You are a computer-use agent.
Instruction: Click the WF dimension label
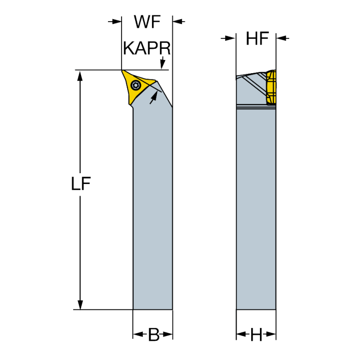tap(147, 22)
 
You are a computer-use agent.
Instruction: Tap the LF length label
tap(81, 184)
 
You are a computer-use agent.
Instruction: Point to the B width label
tap(153, 335)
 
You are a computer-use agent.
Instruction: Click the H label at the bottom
tap(256, 335)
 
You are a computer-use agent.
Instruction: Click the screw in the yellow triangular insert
tap(136, 85)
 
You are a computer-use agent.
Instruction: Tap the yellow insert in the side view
tap(271, 87)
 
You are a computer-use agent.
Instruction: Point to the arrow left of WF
tap(114, 22)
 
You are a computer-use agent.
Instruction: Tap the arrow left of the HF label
tap(229, 38)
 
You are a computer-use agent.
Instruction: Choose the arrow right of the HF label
tap(283, 38)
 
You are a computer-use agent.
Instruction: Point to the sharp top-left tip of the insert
tap(123, 71)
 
